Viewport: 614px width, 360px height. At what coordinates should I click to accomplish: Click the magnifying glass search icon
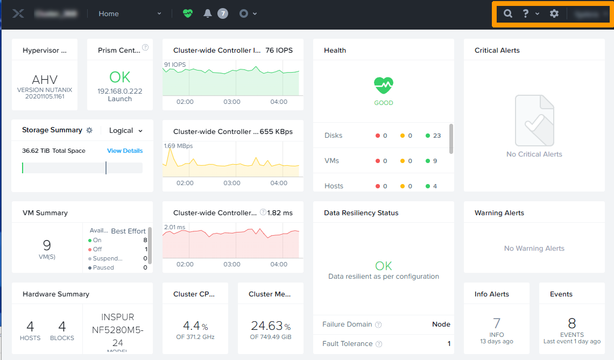click(x=507, y=14)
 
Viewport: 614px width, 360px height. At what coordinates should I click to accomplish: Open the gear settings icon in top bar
click(x=554, y=14)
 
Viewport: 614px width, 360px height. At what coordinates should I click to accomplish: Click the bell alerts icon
click(x=208, y=14)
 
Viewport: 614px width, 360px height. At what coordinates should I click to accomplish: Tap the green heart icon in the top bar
click(x=187, y=14)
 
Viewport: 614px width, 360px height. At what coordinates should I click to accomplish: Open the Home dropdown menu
click(x=130, y=14)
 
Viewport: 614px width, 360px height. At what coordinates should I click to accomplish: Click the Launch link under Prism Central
click(x=119, y=99)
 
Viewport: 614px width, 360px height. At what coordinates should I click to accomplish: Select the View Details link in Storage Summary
click(x=125, y=151)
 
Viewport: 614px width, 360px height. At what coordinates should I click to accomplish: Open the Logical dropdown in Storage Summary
click(x=126, y=130)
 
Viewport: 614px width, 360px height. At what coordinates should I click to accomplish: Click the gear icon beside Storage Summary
click(x=90, y=130)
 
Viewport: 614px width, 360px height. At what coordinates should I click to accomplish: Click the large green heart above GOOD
click(x=384, y=85)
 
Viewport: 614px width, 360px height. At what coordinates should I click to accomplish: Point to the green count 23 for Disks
click(x=436, y=136)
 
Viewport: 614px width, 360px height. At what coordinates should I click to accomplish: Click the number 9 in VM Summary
click(x=47, y=245)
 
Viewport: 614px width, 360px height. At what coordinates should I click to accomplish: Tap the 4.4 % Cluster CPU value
click(x=195, y=326)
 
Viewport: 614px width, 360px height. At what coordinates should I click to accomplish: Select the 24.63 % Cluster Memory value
click(x=270, y=326)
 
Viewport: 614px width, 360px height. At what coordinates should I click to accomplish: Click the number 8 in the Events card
click(x=571, y=323)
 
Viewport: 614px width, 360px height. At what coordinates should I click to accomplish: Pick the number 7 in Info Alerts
click(x=496, y=323)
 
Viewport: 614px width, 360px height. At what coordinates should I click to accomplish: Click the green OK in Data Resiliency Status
click(x=384, y=266)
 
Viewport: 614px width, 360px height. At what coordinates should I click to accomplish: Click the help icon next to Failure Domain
click(x=378, y=324)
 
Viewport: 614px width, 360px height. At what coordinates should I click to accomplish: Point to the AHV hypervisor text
click(x=45, y=80)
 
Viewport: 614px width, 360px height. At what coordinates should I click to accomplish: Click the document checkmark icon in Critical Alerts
click(x=534, y=121)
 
